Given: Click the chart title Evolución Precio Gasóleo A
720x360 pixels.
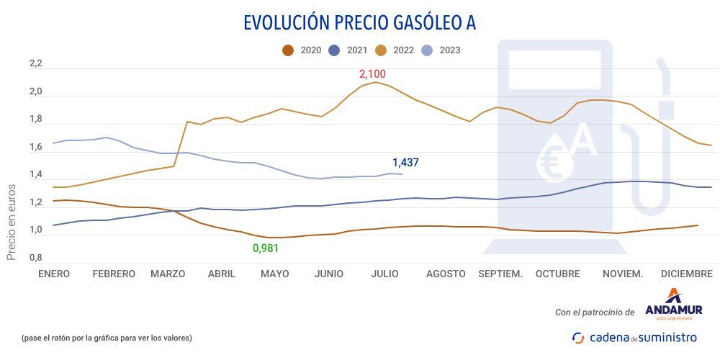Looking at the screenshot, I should click(x=359, y=23).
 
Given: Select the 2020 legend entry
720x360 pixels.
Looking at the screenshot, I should click(x=302, y=50).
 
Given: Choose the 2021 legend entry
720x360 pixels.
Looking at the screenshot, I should click(x=348, y=50).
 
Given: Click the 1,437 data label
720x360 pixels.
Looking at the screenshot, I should click(x=405, y=163).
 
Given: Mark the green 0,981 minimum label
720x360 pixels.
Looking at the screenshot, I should click(x=265, y=248).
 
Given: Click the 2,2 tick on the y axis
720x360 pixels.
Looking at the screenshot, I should click(x=35, y=65).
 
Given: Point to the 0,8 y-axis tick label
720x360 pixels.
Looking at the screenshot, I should click(x=35, y=257).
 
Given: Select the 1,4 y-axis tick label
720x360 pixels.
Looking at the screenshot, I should click(x=35, y=175).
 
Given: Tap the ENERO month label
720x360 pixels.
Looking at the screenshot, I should click(x=54, y=274).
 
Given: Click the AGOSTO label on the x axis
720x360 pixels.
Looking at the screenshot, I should click(x=446, y=274).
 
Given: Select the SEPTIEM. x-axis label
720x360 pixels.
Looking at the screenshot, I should click(x=500, y=274).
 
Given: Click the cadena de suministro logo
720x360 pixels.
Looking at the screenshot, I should click(x=634, y=337).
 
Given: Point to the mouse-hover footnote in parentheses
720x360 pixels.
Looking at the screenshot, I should click(x=107, y=338).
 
